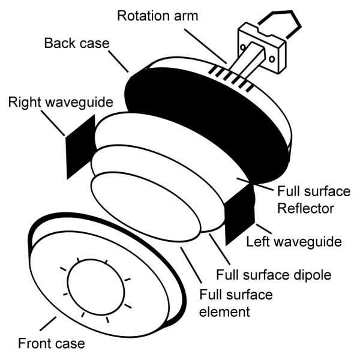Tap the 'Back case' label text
coord(77,44)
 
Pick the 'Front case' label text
coord(51,344)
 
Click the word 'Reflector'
coord(305,209)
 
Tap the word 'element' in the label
coord(225,311)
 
